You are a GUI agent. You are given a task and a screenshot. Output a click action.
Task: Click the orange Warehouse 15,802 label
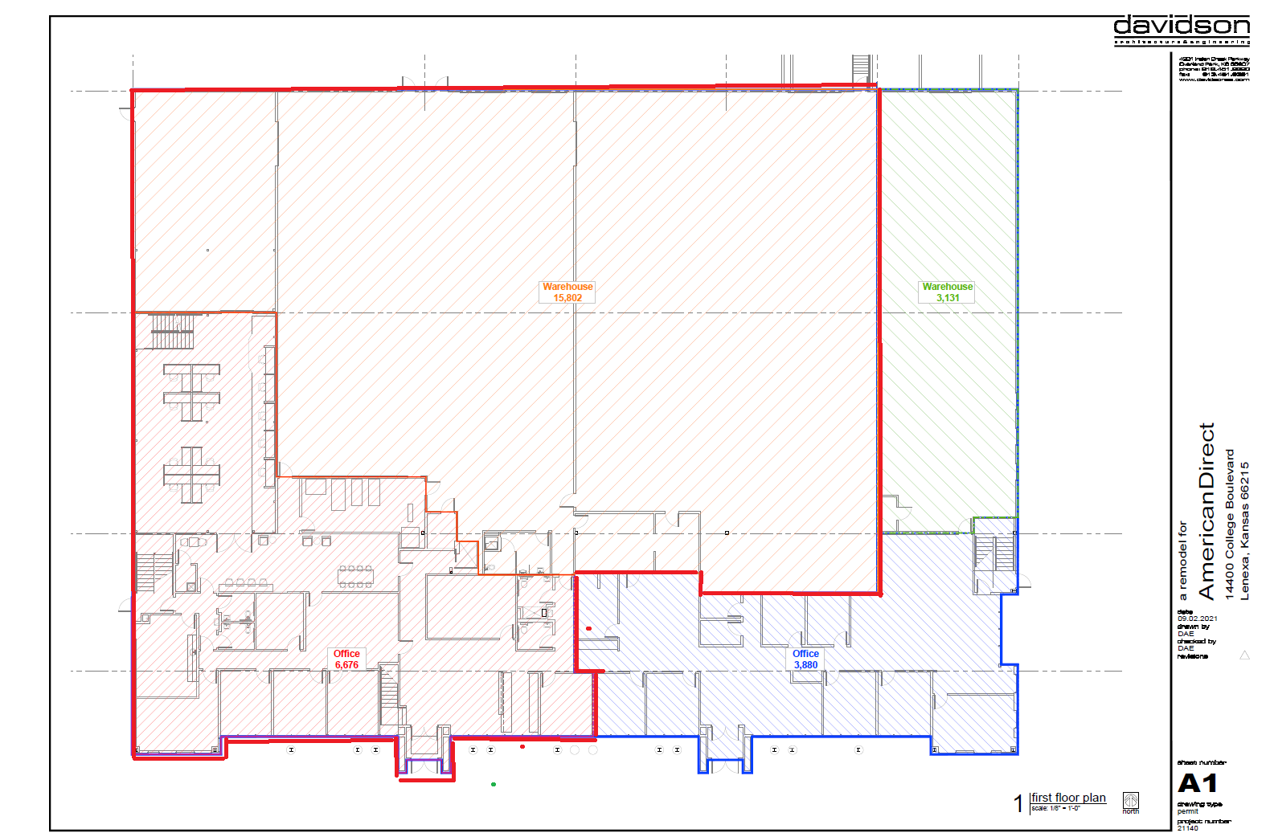click(567, 292)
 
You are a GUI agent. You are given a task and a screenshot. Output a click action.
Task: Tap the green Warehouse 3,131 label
click(947, 292)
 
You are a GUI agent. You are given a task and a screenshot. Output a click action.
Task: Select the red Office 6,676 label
click(346, 659)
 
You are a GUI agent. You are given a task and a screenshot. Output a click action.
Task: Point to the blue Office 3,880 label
click(805, 659)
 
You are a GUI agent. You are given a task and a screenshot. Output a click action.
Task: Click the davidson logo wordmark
click(1181, 27)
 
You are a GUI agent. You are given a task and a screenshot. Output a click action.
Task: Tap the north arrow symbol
click(1131, 800)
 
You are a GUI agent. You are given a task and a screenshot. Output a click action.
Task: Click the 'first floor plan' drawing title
click(1068, 798)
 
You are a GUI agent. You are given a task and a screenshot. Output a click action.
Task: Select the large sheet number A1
click(1197, 783)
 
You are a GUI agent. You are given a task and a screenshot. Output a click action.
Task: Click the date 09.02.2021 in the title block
click(1198, 619)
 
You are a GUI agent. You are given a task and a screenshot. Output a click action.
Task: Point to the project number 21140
click(1187, 828)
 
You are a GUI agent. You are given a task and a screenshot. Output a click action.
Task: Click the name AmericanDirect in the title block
click(1206, 511)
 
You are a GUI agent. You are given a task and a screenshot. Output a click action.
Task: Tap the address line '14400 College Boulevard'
click(1229, 524)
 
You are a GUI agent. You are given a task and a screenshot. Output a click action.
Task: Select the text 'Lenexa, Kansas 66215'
click(1244, 530)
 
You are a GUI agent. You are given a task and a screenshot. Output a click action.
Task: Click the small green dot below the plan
click(494, 784)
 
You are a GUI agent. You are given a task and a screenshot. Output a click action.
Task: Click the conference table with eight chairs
click(355, 576)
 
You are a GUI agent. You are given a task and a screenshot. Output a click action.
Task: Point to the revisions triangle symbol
click(1244, 655)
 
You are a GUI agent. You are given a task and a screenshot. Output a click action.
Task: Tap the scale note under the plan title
click(1055, 809)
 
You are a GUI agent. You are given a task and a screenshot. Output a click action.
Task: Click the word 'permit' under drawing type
click(1187, 811)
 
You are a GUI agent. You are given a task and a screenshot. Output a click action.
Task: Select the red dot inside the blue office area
click(589, 628)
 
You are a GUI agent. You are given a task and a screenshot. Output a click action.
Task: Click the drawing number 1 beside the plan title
click(1018, 802)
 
